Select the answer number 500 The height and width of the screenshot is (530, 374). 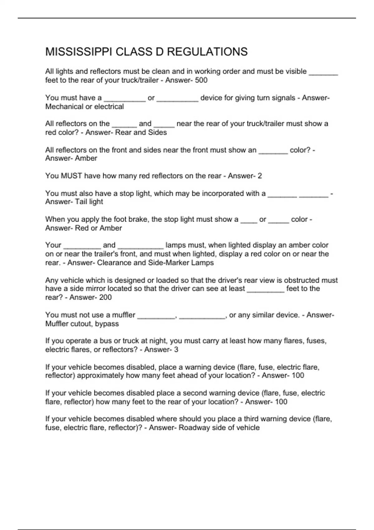click(x=201, y=80)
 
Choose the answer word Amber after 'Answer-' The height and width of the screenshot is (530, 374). click(x=86, y=158)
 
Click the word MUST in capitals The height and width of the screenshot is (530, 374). click(x=71, y=176)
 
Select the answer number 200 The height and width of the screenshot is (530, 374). click(x=105, y=297)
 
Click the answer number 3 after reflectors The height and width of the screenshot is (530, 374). click(x=176, y=350)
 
